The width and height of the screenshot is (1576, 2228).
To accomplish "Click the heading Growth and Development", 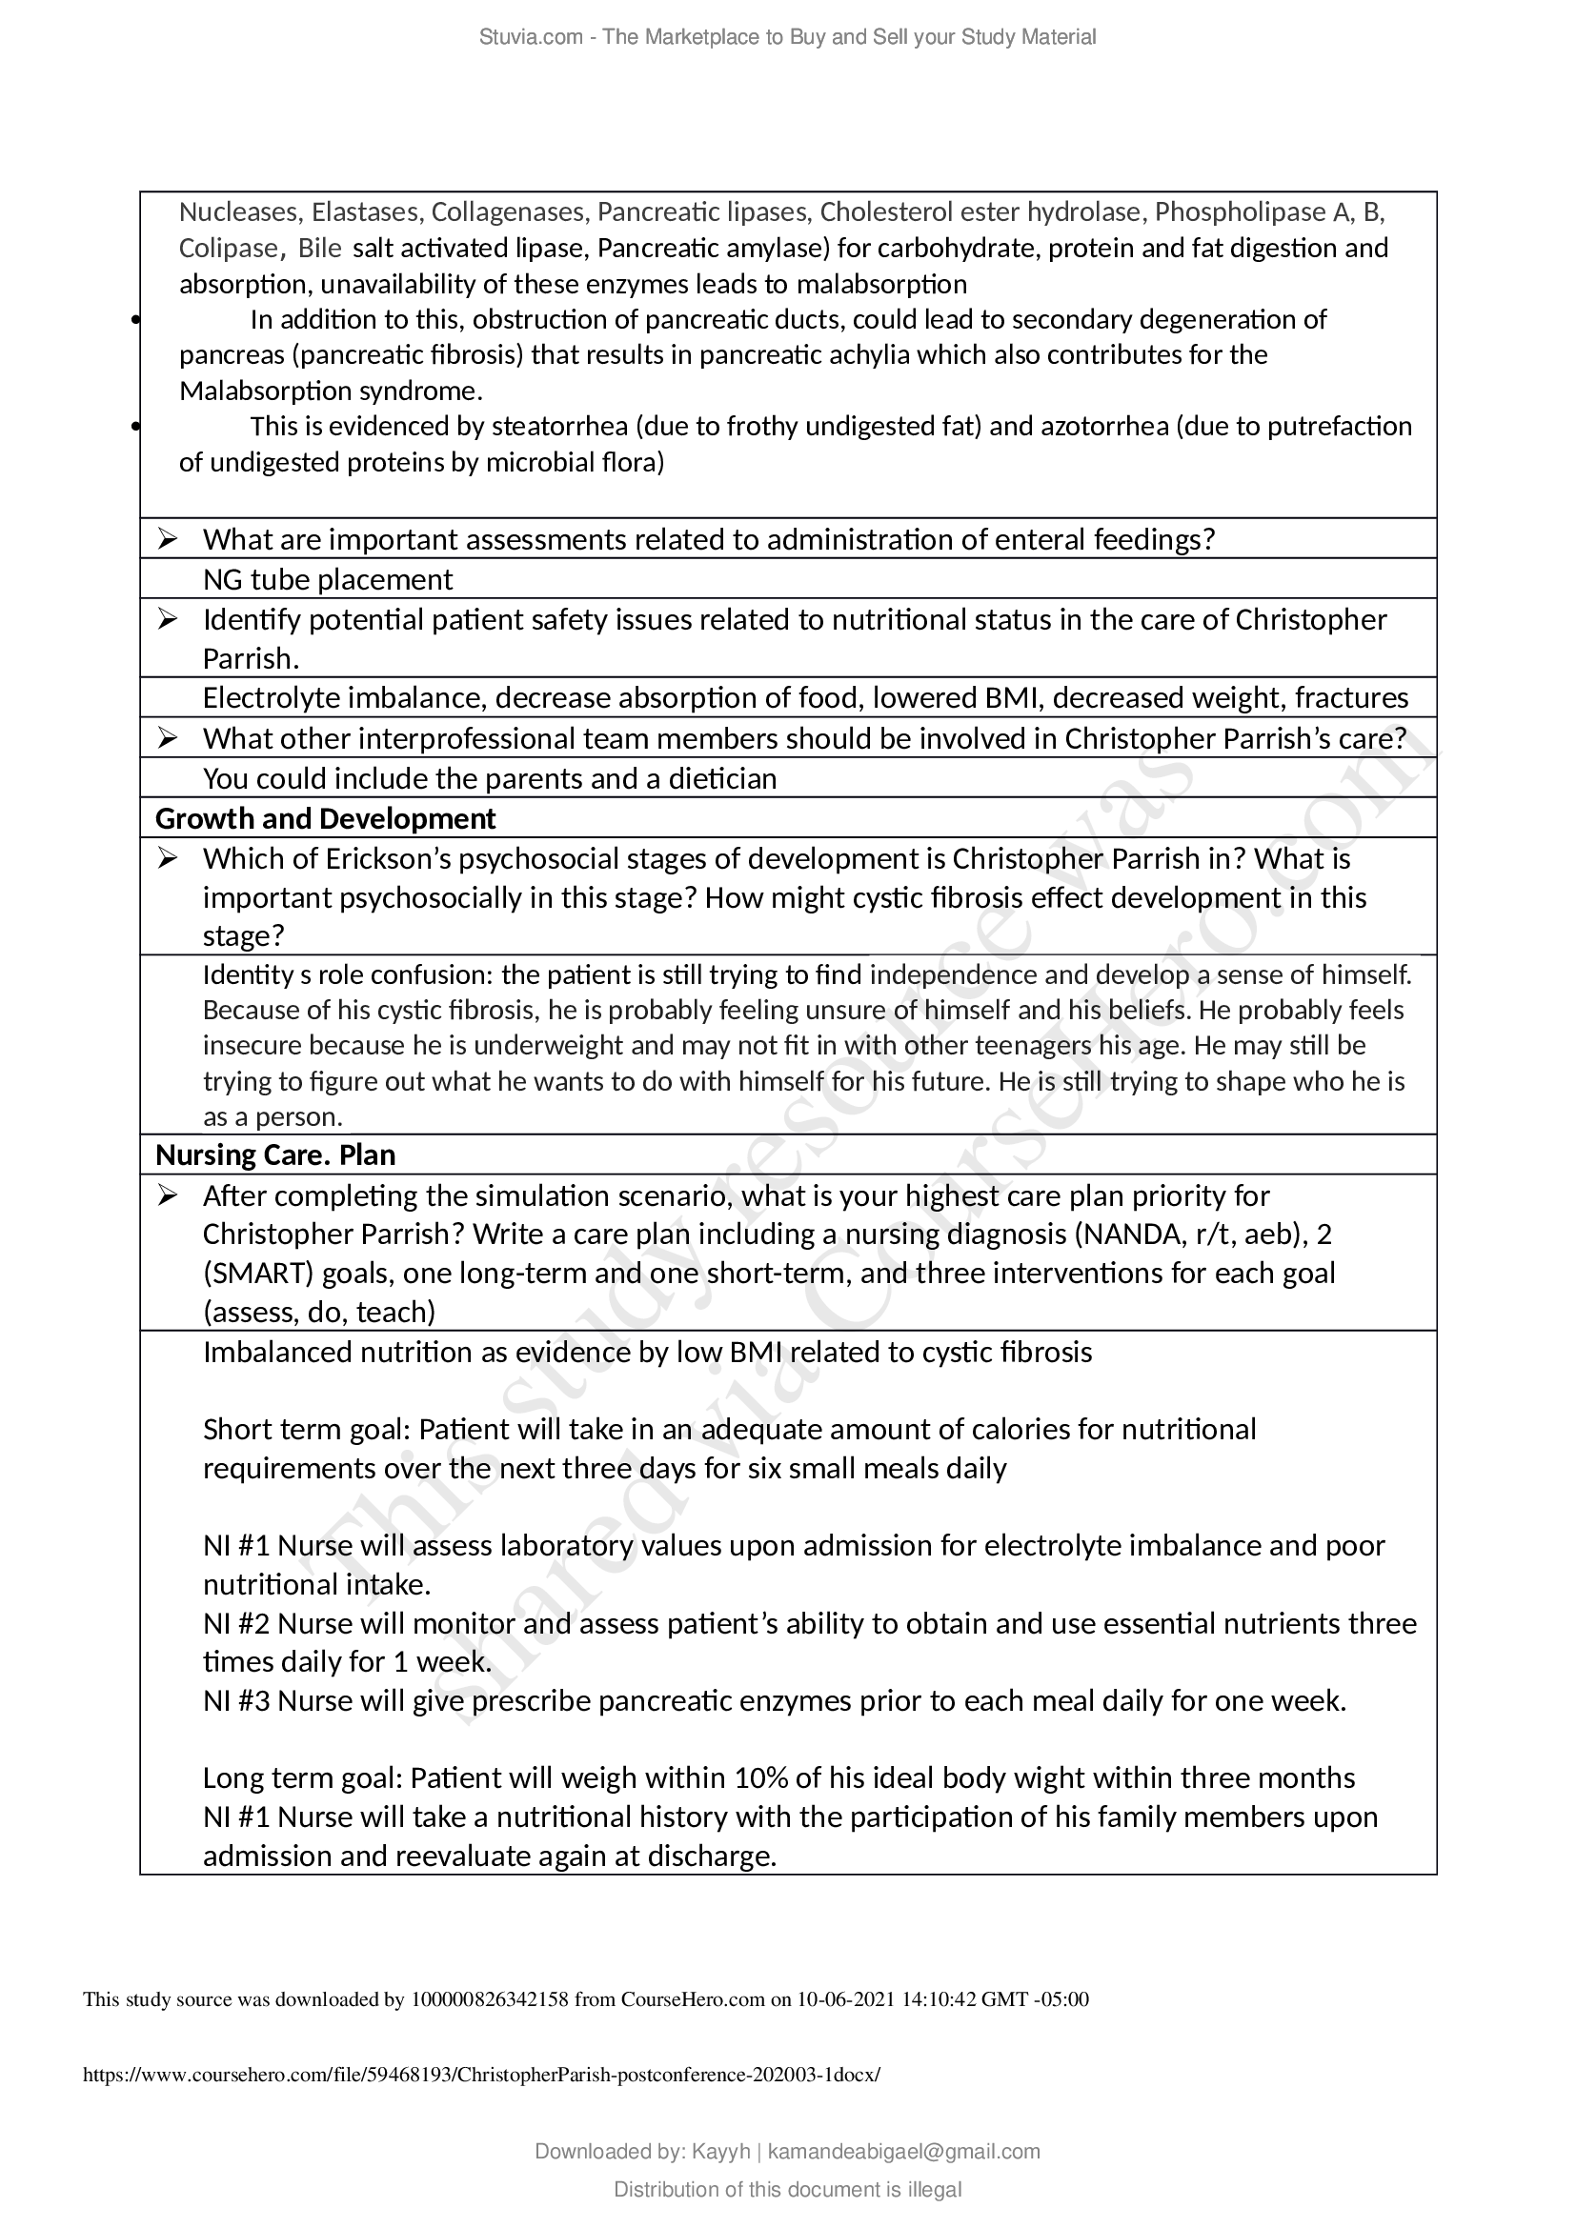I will click(325, 819).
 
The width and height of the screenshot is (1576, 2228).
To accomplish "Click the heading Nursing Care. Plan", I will click(275, 1154).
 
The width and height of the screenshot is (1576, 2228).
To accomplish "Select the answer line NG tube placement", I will click(327, 579).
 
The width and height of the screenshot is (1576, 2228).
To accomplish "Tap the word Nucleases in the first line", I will click(239, 211).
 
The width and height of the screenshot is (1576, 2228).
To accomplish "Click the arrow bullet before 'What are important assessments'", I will click(168, 538).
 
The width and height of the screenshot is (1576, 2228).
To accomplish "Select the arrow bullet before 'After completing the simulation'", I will click(168, 1195).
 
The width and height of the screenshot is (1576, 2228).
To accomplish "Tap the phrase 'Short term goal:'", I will click(308, 1430).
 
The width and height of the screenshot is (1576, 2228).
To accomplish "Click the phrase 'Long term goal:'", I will click(304, 1777).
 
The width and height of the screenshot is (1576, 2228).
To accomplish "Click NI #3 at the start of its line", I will click(237, 1701).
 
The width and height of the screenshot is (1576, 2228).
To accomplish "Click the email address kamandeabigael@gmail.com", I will click(903, 2152).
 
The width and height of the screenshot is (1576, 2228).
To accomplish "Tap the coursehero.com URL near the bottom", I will click(482, 2075).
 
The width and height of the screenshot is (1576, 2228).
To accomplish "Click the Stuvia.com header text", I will click(787, 37).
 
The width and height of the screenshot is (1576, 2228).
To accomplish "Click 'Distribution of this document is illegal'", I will click(787, 2189).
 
